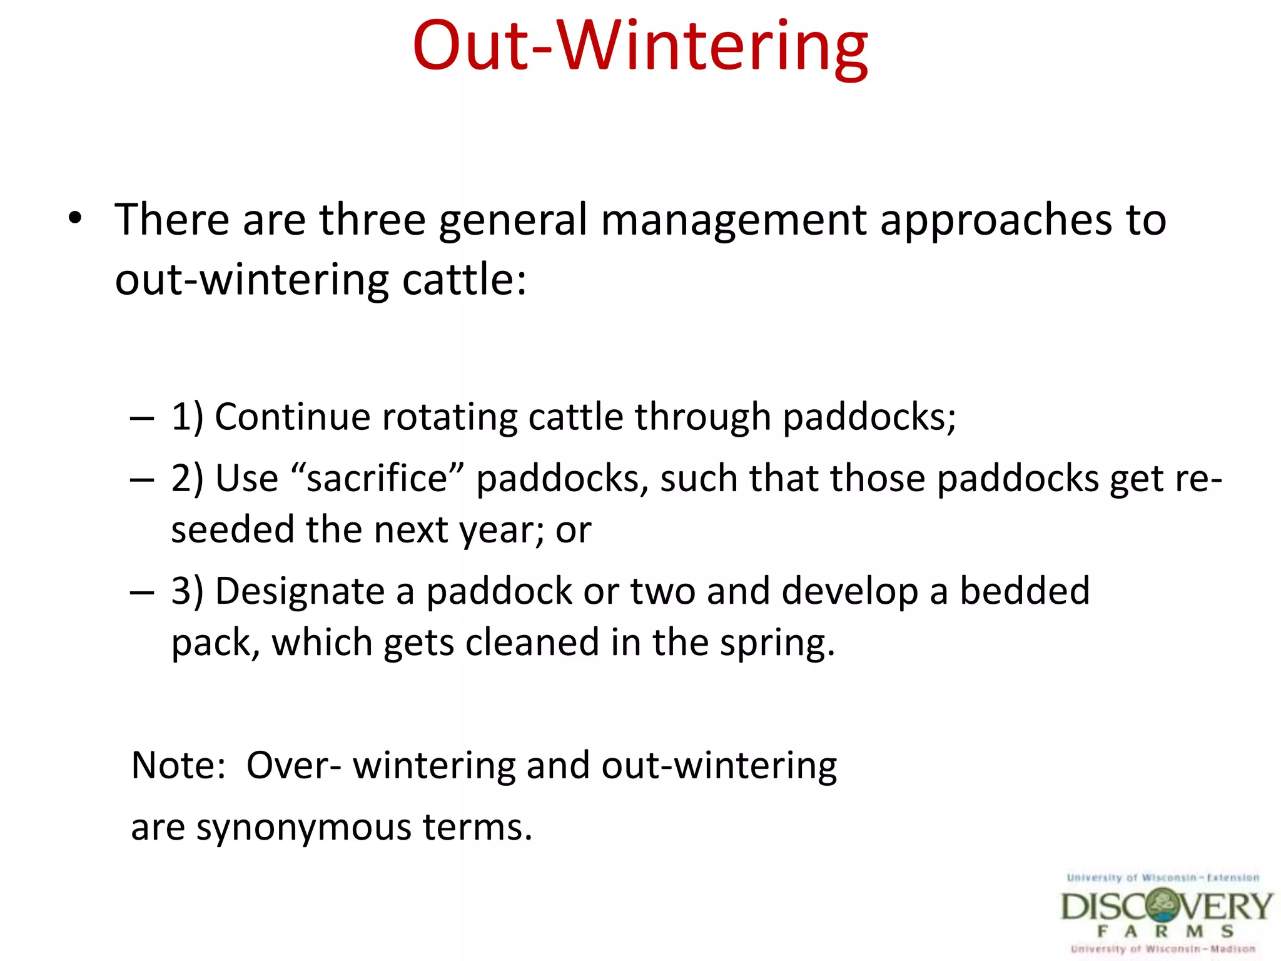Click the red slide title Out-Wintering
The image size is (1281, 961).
tap(640, 47)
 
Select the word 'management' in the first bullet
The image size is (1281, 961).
tap(734, 220)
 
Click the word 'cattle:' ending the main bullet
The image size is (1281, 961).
tap(464, 280)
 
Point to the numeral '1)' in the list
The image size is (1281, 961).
tap(187, 417)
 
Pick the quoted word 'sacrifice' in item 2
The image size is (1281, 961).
tap(377, 479)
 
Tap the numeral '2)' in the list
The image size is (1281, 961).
tap(187, 479)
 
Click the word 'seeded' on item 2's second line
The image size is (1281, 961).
tap(232, 530)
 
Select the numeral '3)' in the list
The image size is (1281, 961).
tap(187, 591)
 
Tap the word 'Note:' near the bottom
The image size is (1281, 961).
tap(178, 765)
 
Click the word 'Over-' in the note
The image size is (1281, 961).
tap(293, 765)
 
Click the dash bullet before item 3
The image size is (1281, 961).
tap(142, 592)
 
